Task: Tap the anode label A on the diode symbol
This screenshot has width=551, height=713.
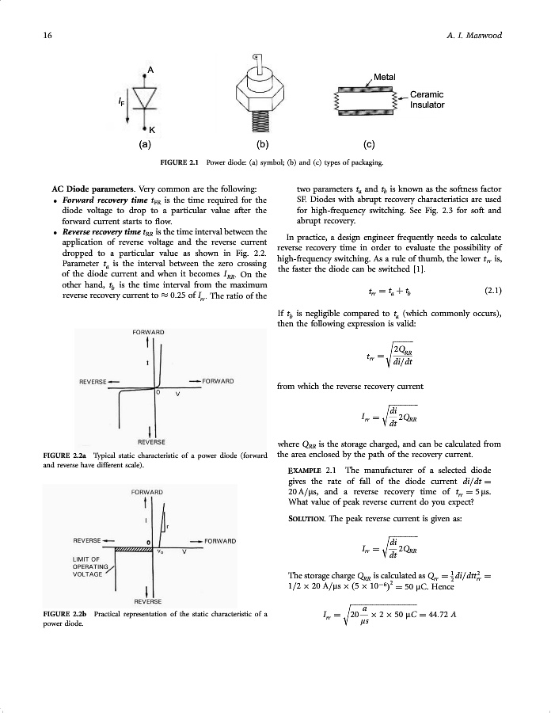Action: [146, 70]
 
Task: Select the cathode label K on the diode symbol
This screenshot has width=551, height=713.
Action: [151, 129]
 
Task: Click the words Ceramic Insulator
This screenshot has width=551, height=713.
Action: [426, 100]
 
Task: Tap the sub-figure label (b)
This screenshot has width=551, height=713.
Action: [260, 145]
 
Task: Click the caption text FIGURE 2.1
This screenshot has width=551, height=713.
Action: [179, 163]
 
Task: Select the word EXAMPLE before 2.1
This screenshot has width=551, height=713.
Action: [304, 470]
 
